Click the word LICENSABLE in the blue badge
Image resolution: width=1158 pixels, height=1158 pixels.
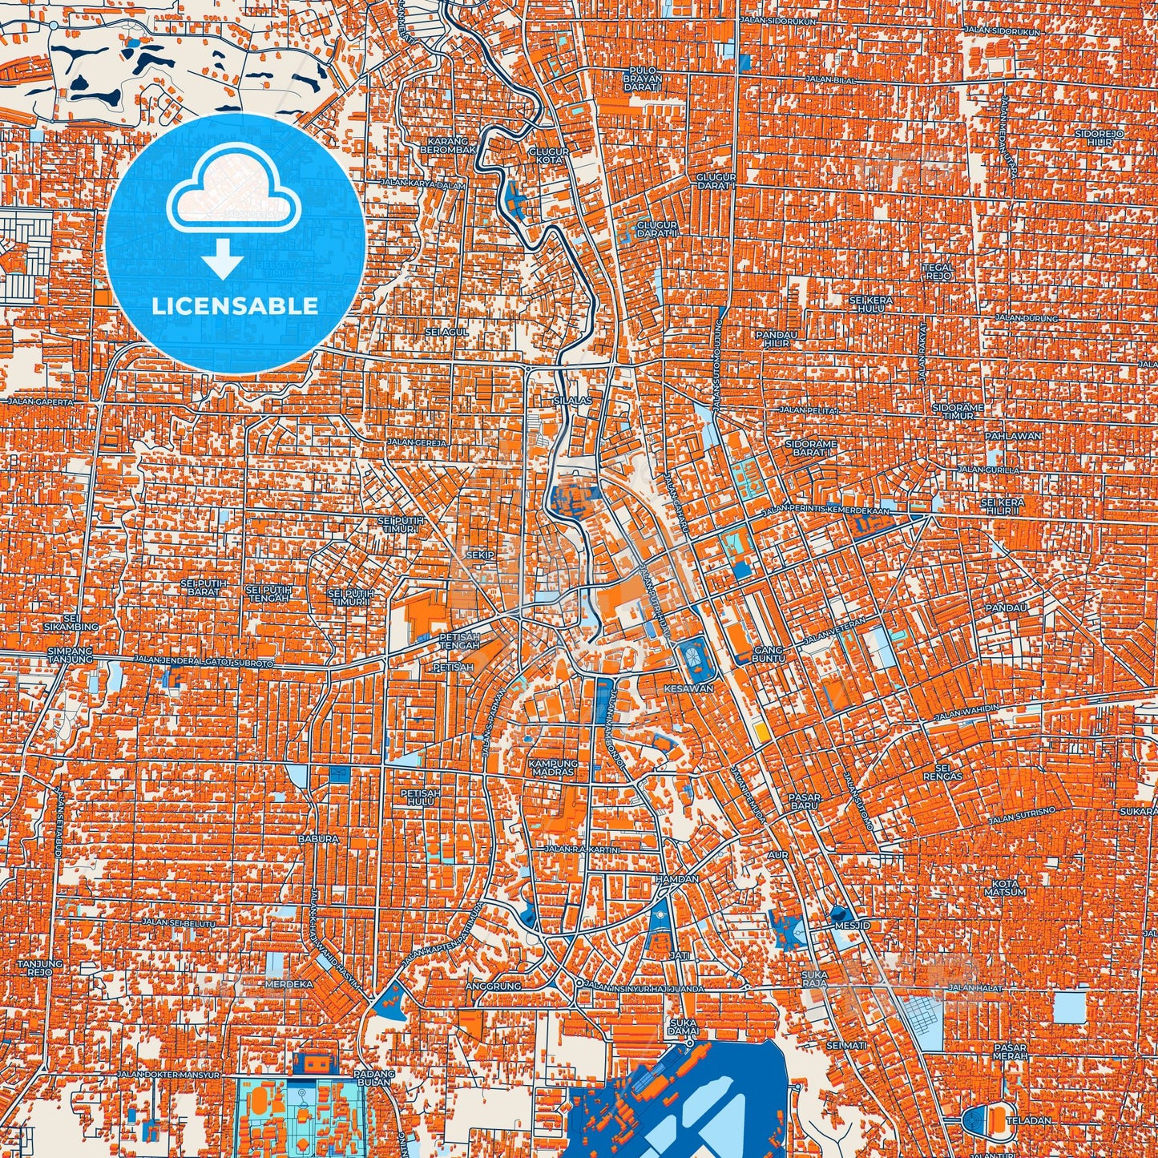tap(235, 305)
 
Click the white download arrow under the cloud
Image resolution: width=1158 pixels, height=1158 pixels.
tap(223, 261)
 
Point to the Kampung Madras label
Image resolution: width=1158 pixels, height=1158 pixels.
tap(553, 768)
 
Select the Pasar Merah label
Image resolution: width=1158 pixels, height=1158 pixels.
tap(1010, 1051)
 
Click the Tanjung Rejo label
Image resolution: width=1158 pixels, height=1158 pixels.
tap(35, 966)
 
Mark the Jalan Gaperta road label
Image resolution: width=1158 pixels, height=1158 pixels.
tap(40, 401)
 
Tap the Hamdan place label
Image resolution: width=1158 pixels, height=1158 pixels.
tap(677, 879)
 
